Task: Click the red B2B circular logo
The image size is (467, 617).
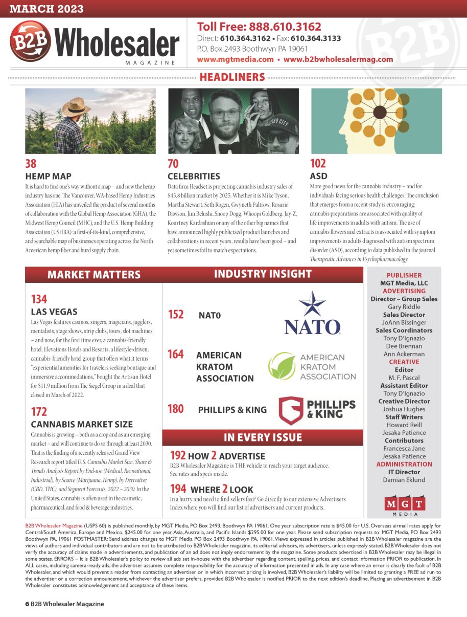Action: [30, 41]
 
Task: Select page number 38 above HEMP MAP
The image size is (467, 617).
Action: [31, 164]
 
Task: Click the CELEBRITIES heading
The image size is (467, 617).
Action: [194, 177]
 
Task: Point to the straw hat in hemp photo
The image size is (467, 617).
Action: [76, 106]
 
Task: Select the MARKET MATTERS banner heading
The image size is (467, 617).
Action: [94, 275]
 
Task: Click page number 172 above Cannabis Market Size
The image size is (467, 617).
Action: [39, 412]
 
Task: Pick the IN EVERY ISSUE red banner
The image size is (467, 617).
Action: [263, 437]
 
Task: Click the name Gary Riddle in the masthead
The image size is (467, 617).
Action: [404, 307]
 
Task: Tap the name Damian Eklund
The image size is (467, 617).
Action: [404, 480]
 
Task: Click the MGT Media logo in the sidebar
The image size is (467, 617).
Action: [404, 504]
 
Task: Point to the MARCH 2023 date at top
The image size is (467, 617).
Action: [46, 9]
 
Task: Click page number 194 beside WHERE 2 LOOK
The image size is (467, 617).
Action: [178, 489]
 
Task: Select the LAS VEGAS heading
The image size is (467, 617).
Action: [54, 312]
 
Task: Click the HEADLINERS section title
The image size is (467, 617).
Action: [232, 77]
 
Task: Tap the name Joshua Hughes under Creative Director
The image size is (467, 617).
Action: [404, 409]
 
